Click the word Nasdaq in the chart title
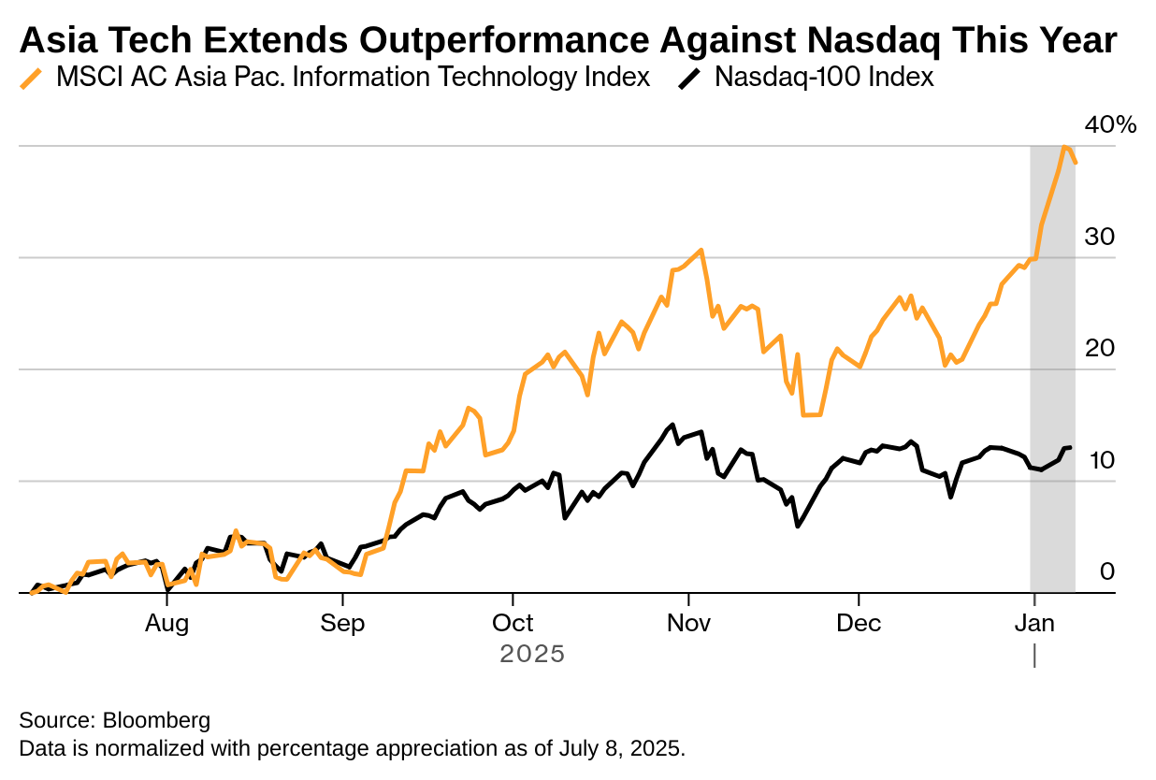[874, 41]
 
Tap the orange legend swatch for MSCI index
[31, 79]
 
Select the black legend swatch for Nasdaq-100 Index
[689, 79]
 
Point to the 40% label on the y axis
[1110, 125]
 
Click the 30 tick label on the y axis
[1099, 237]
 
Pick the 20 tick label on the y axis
[1099, 349]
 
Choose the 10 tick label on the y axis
[1102, 460]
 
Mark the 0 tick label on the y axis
[1107, 571]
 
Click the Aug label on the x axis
[166, 624]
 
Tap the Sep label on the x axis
[342, 624]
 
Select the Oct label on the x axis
[513, 624]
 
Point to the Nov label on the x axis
[688, 624]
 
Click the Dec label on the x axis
[859, 624]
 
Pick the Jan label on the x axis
[1034, 624]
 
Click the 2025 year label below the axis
[532, 654]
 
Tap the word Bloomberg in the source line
[156, 721]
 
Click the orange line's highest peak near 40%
[1064, 147]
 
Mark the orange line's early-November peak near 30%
[701, 251]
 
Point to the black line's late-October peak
[672, 425]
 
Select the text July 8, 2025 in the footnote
[621, 749]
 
